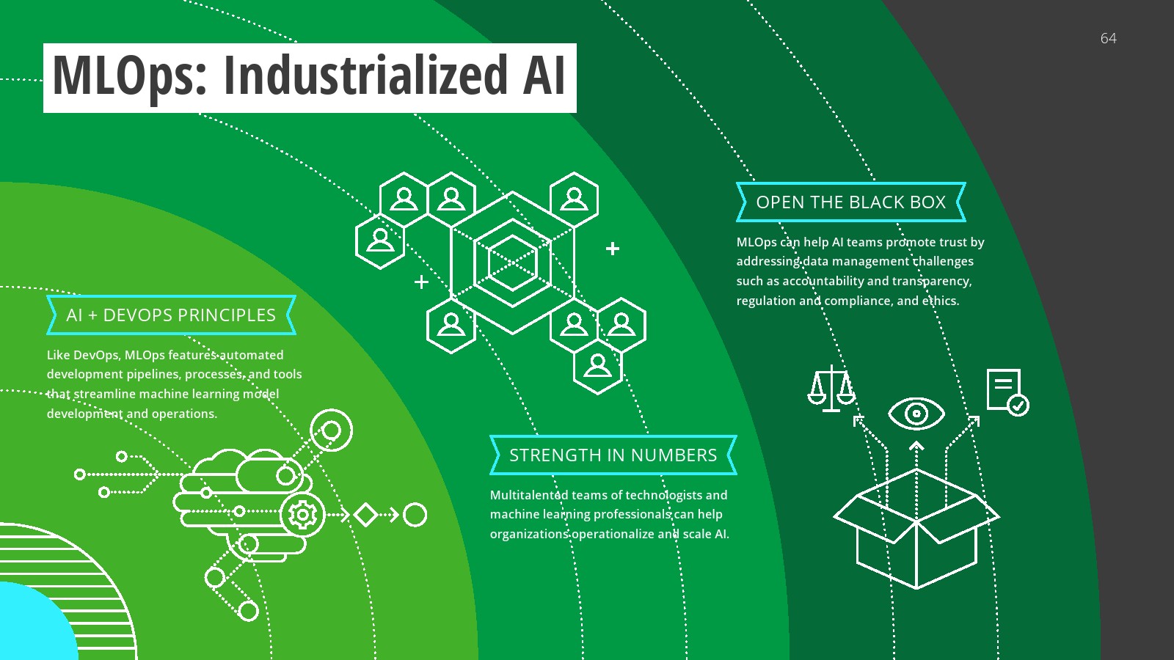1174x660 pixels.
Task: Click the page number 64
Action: click(x=1108, y=38)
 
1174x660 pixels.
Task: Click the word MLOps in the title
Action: click(x=129, y=76)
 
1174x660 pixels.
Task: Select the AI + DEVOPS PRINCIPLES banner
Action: click(x=172, y=315)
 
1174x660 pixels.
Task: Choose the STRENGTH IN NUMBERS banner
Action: click(x=613, y=455)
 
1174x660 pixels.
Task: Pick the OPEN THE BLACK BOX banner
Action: click(x=850, y=202)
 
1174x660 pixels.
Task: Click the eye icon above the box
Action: click(x=916, y=414)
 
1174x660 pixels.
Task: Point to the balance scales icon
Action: click(x=832, y=388)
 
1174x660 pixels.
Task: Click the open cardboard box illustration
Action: click(x=916, y=528)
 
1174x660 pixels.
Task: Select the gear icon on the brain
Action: click(x=302, y=515)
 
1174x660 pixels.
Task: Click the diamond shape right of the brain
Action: click(x=366, y=515)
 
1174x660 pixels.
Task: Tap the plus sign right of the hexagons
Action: click(x=612, y=249)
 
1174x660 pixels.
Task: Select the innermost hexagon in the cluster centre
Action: click(x=512, y=263)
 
